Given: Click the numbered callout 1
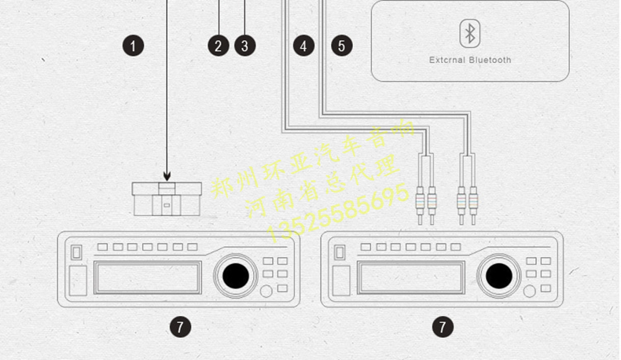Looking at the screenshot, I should [134, 46].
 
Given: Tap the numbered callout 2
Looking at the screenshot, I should [219, 46].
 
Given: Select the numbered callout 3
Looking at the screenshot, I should [244, 46].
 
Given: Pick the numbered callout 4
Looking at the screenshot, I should [303, 46].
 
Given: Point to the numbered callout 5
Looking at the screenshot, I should [341, 46].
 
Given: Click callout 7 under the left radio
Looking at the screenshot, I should [180, 325].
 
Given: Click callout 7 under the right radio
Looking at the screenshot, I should [443, 325].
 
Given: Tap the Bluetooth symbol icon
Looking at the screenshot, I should [470, 33].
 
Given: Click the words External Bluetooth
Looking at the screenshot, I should [470, 60].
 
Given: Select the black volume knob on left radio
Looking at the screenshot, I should [235, 275].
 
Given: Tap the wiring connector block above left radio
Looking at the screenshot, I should [167, 198].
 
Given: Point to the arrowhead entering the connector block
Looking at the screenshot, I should [167, 178].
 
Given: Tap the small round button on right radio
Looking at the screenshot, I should [531, 291].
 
